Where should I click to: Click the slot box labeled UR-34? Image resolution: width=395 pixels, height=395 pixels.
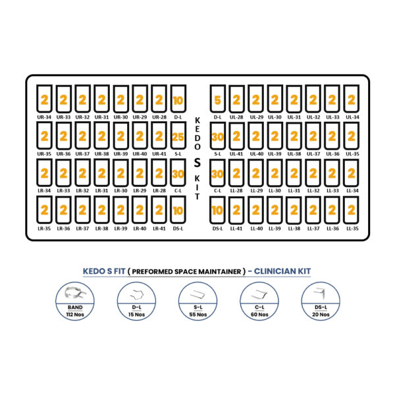coord(44,99)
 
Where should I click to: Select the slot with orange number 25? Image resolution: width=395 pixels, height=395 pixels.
coord(178,136)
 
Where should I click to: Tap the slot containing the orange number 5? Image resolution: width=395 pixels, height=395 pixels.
coord(218,99)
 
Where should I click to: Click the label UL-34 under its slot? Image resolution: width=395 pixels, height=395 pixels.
coord(352,117)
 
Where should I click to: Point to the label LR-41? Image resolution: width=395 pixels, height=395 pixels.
coord(159,228)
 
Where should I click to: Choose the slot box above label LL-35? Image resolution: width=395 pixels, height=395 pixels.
coord(351,210)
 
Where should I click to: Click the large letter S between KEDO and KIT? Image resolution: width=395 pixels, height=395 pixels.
coord(197,163)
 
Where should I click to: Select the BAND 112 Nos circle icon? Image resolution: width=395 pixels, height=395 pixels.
coord(75,302)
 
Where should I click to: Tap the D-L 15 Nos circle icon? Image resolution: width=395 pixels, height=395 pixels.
coord(136,302)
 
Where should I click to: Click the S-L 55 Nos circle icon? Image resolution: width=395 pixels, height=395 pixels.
coord(197,302)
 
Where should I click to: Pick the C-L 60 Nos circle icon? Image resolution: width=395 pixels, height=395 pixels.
coord(259,302)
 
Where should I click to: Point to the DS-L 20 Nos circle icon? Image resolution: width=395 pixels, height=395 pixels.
coord(321,302)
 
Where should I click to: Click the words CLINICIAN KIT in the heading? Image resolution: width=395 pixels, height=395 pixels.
coord(282,271)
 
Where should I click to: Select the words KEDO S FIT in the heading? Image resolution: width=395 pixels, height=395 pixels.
coord(104,271)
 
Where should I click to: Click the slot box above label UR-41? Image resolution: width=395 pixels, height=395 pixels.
coord(159,136)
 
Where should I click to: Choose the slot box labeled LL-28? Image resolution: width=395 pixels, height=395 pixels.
coord(236,172)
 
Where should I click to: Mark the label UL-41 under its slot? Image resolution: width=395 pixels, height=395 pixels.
coord(236,153)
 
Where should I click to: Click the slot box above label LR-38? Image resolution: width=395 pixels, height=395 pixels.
coord(101,210)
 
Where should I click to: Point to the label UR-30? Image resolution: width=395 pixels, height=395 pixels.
coord(120,117)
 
